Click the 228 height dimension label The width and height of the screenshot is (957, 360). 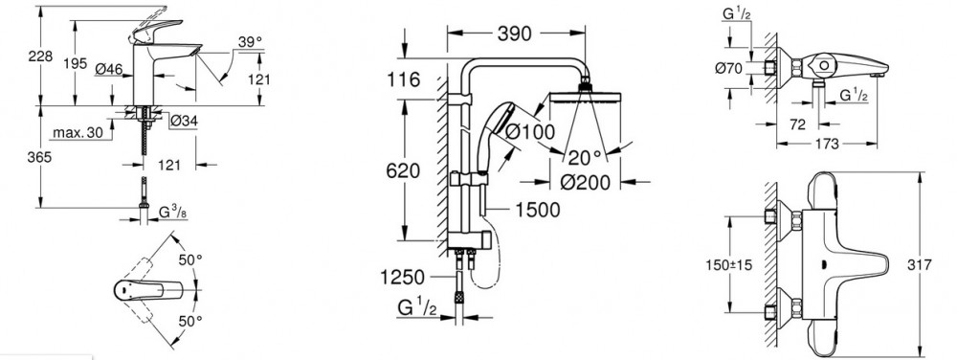pyautogui.click(x=41, y=56)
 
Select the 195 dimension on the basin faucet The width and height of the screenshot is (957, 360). pyautogui.click(x=75, y=63)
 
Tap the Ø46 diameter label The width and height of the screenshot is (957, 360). pyautogui.click(x=109, y=69)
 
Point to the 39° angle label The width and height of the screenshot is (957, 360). pyautogui.click(x=250, y=41)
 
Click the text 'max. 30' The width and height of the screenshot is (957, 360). pyautogui.click(x=77, y=133)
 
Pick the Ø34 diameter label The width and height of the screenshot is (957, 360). pyautogui.click(x=185, y=122)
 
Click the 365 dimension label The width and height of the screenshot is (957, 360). pyautogui.click(x=41, y=157)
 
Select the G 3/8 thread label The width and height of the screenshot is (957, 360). pyautogui.click(x=173, y=213)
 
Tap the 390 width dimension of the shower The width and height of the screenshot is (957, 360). pyautogui.click(x=515, y=34)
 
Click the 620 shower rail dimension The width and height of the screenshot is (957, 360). pyautogui.click(x=404, y=171)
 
